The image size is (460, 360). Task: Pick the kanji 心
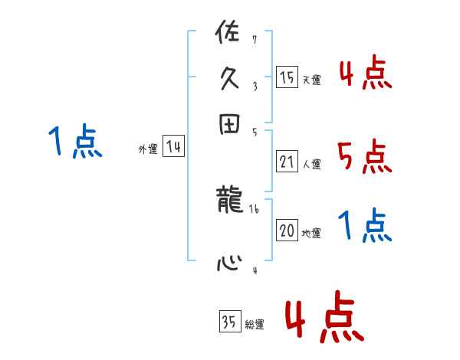(229, 263)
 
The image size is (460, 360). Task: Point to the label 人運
(311, 164)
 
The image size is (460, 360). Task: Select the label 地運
(311, 234)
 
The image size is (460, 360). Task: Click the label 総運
(254, 325)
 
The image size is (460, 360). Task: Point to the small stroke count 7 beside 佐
(254, 39)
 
